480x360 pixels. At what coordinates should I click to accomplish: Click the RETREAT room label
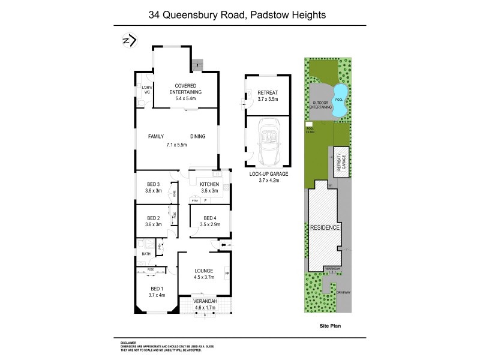tap(268, 92)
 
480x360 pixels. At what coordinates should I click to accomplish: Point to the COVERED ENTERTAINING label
tap(185, 89)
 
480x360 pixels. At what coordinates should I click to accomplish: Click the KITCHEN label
tap(209, 184)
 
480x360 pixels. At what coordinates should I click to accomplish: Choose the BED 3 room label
tap(153, 184)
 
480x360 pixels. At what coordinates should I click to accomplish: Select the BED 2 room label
tap(153, 218)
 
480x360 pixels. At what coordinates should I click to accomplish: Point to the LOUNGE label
tap(203, 271)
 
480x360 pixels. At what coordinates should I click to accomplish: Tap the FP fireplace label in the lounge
tap(227, 274)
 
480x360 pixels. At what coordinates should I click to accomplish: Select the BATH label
tap(146, 254)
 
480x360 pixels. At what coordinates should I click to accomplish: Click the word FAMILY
tap(156, 136)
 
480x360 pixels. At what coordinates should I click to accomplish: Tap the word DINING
tap(198, 136)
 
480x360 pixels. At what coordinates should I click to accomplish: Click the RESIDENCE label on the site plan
tap(326, 228)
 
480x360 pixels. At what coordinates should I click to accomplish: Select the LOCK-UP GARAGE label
tap(268, 173)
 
